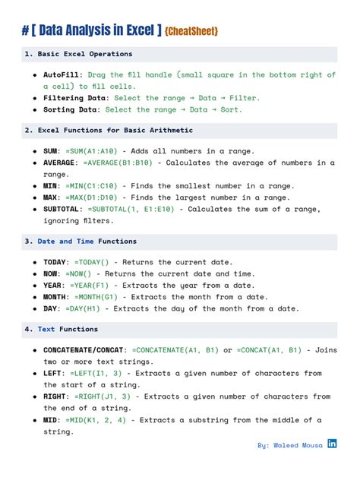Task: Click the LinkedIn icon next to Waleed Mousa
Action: click(332, 444)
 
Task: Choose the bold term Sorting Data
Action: click(71, 110)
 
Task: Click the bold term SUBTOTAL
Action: click(63, 209)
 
